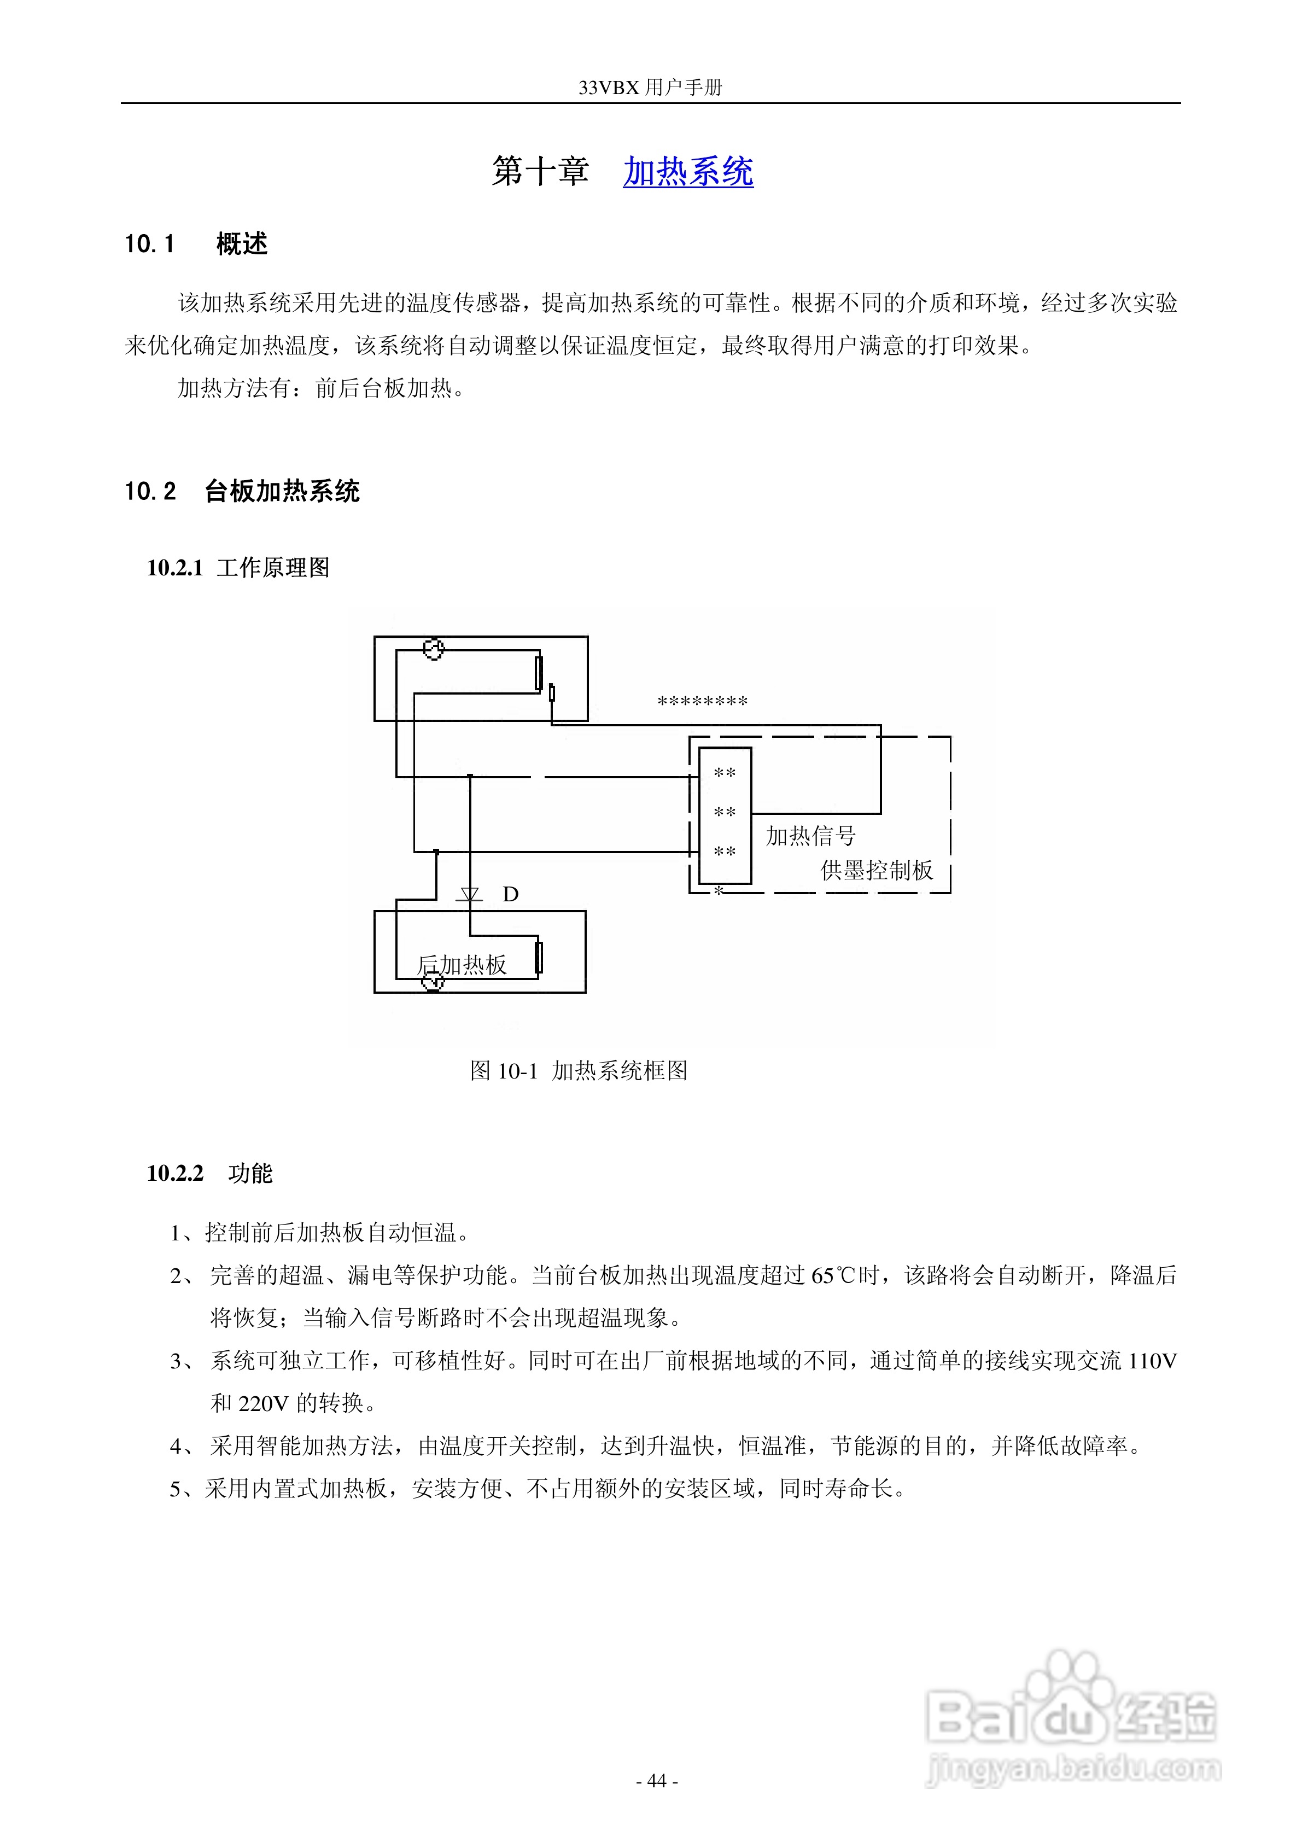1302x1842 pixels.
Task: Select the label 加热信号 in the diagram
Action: point(810,836)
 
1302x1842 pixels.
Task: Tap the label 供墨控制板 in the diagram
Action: point(876,871)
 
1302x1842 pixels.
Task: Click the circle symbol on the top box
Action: point(433,649)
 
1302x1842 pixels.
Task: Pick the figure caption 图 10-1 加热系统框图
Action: point(579,1071)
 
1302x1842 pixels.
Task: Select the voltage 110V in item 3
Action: point(1152,1361)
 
